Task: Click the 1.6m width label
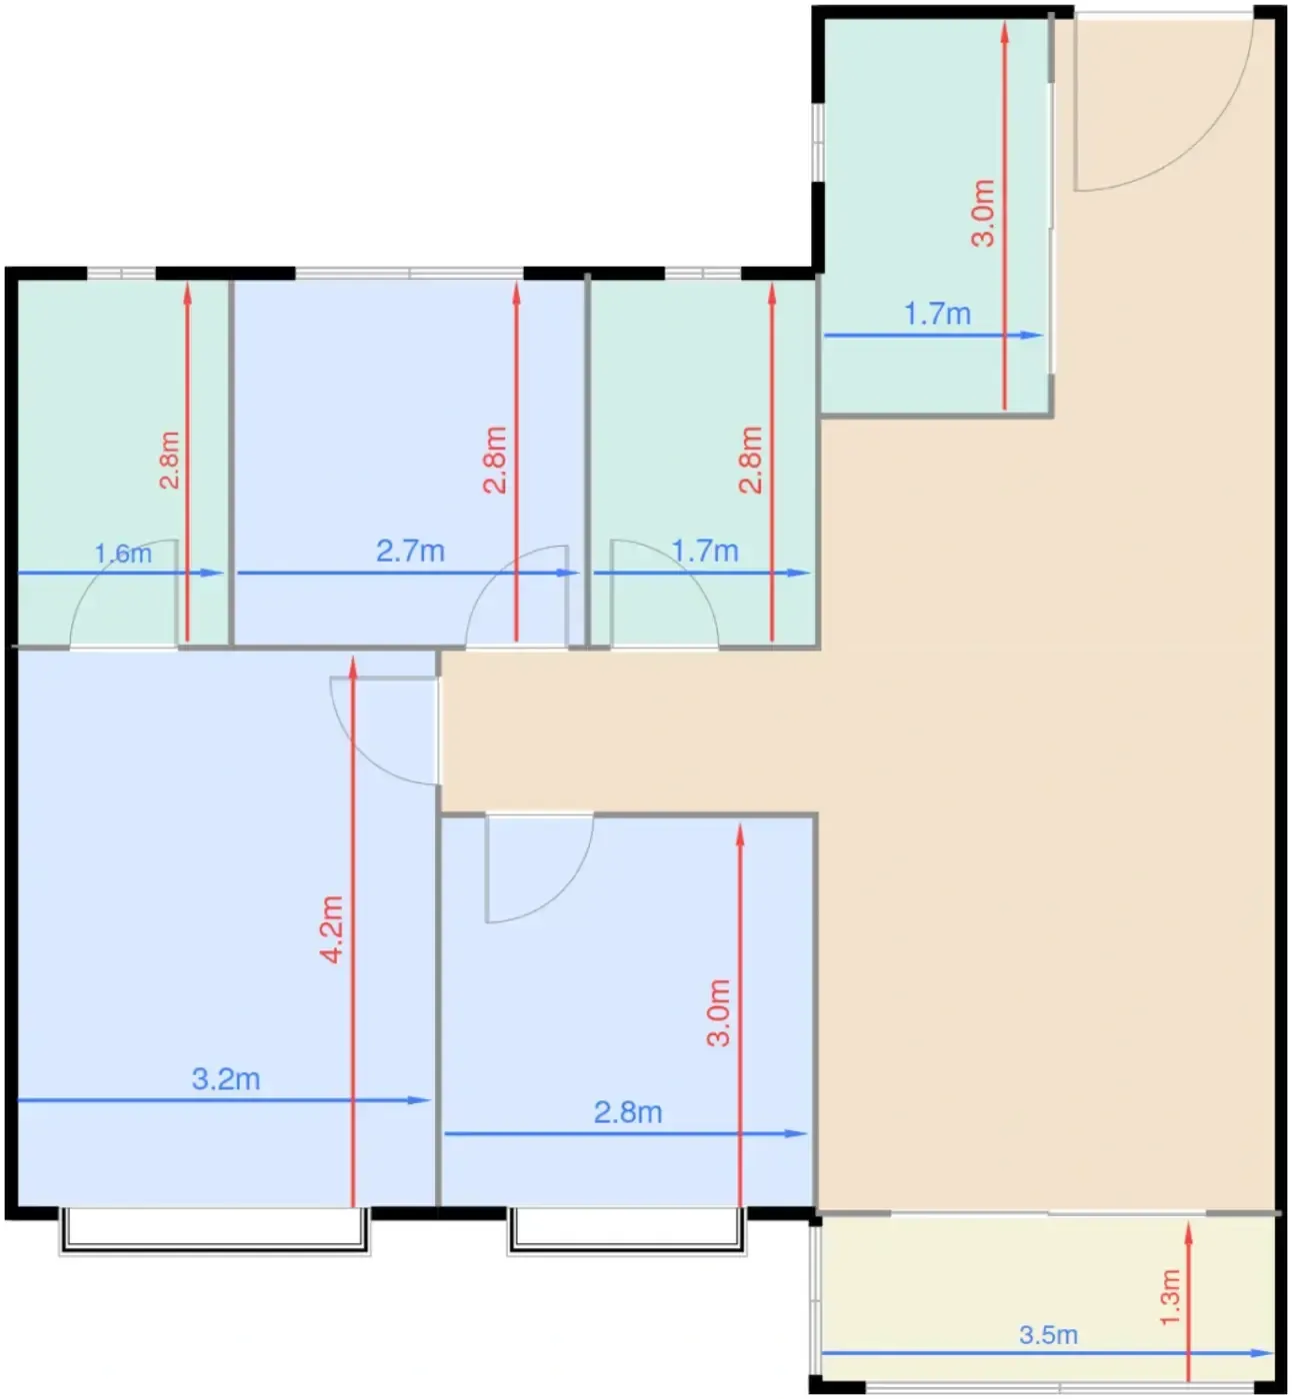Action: (123, 554)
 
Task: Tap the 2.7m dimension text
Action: (410, 551)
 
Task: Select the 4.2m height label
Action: (331, 929)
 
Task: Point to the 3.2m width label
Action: (226, 1079)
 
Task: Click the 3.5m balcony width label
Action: (1049, 1334)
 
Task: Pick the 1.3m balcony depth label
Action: (1170, 1297)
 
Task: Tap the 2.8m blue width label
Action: (628, 1113)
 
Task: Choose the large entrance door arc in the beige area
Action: (1199, 141)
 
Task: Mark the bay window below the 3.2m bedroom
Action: (214, 1231)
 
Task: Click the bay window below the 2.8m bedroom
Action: (627, 1231)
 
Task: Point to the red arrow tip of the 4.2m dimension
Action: (353, 658)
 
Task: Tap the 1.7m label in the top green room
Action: (937, 314)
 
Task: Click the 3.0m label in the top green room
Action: (983, 213)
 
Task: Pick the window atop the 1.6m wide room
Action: (121, 273)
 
